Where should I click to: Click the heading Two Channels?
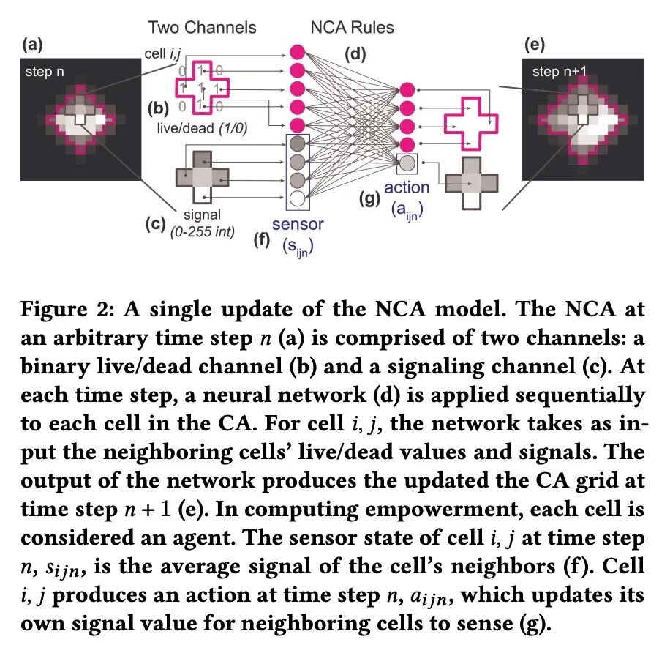[202, 28]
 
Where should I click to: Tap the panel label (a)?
[32, 45]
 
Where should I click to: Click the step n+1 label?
[560, 72]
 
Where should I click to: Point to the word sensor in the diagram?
[297, 224]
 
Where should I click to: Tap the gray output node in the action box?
[407, 162]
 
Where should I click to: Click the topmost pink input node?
[297, 52]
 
